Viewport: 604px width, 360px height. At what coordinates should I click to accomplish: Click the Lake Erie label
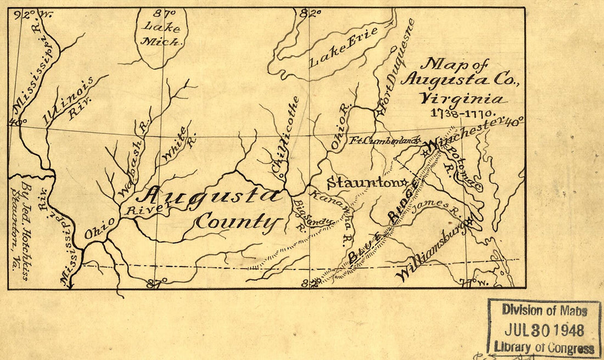tap(343, 47)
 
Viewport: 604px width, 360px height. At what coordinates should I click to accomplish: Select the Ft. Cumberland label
tap(385, 140)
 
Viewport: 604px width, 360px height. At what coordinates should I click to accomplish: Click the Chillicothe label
tap(286, 137)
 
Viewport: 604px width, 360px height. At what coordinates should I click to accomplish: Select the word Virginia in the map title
tap(461, 99)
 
